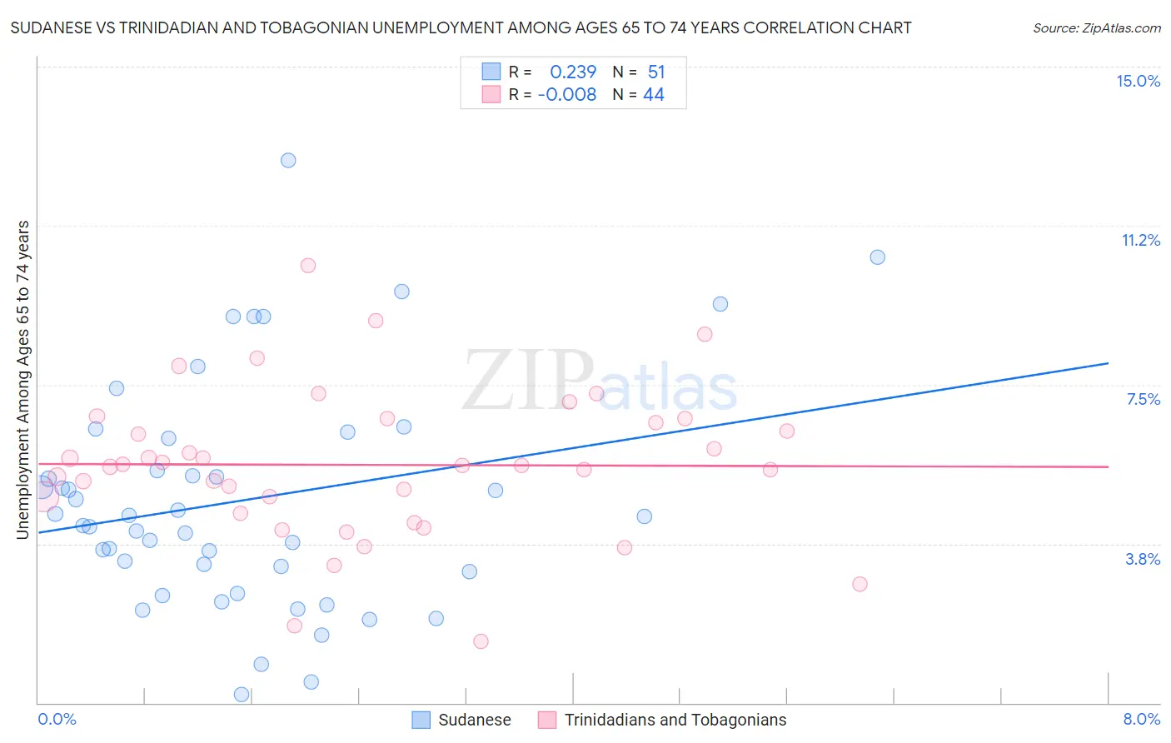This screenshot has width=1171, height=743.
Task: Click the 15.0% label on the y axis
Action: (1138, 81)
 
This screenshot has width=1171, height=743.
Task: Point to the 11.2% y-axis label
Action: (1140, 240)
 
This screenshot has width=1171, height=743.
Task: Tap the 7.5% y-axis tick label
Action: (1143, 399)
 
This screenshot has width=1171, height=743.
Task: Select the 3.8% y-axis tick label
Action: (1143, 559)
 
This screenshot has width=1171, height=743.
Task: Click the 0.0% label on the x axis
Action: (57, 719)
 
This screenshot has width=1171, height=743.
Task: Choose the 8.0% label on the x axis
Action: (1141, 719)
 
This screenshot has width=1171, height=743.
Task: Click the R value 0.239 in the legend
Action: (573, 72)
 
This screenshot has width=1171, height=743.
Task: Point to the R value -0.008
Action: (567, 95)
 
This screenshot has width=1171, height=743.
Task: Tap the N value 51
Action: (656, 72)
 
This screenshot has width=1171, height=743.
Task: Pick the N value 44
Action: (654, 95)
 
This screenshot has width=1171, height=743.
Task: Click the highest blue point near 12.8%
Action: (288, 160)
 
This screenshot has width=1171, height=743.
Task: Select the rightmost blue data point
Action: (877, 257)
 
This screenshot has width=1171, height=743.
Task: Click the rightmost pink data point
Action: (860, 584)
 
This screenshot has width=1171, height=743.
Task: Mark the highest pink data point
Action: (308, 266)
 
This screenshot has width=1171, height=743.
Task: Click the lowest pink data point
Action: (481, 641)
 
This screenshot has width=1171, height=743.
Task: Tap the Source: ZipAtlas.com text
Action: (1096, 28)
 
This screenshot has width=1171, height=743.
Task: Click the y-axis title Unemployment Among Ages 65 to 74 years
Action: (23, 380)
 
